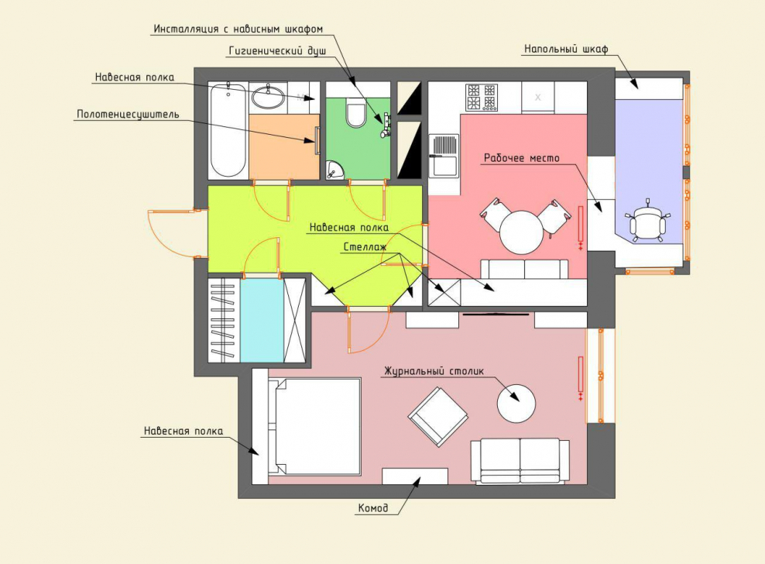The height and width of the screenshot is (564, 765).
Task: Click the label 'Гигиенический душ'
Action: click(277, 50)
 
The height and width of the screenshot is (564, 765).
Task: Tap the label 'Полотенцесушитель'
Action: click(128, 114)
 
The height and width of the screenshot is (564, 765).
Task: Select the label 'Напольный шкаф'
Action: click(566, 49)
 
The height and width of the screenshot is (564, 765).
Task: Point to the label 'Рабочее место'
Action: click(522, 158)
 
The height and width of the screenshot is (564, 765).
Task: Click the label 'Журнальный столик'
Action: click(434, 371)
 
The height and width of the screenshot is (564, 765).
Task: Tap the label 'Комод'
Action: click(373, 508)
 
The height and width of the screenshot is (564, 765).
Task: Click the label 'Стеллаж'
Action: click(365, 247)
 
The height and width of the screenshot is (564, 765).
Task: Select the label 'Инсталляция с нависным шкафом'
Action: click(238, 29)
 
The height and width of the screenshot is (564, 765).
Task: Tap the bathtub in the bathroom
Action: click(228, 130)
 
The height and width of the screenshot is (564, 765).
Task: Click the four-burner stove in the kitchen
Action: click(482, 97)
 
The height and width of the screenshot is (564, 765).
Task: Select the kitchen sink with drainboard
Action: click(444, 155)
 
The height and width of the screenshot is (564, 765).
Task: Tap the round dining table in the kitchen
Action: click(522, 232)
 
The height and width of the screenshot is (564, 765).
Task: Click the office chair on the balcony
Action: click(647, 223)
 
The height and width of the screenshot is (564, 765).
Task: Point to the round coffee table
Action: click(516, 404)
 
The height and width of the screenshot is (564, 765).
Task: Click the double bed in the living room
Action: click(314, 426)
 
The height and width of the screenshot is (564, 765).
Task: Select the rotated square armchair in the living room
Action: click(437, 417)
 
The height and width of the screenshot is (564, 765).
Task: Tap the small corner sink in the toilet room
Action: click(334, 170)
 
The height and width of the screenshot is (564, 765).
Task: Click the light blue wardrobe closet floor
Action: click(262, 321)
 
